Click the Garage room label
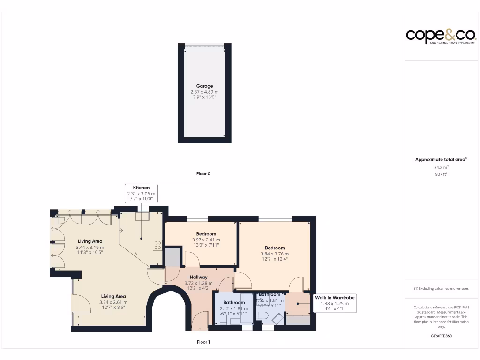(204, 86)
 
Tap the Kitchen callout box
(141, 193)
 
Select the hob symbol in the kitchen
(157, 245)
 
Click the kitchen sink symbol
(141, 216)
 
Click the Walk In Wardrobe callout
(334, 303)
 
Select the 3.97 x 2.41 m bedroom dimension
(206, 240)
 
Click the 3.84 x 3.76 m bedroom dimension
(274, 254)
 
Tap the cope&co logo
(441, 36)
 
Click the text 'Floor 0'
(203, 173)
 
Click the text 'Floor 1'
(203, 342)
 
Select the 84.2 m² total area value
(441, 167)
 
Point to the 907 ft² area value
(441, 174)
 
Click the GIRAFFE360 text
(441, 336)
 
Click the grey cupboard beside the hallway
(172, 257)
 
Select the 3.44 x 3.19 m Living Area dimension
(90, 247)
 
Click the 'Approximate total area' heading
(441, 159)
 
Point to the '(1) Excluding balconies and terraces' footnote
(441, 288)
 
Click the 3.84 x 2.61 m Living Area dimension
(113, 302)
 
